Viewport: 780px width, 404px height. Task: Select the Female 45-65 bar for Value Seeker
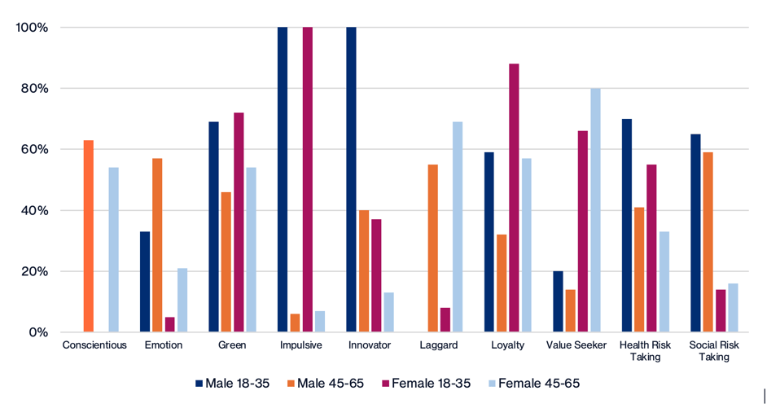pos(595,210)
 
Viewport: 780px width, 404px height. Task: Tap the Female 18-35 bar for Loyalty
pos(514,198)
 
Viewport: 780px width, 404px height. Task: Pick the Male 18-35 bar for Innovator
pos(351,179)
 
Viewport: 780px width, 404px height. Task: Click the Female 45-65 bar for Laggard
pos(458,226)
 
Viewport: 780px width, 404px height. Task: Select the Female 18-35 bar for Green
pos(239,222)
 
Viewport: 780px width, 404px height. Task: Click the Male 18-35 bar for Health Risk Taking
pos(627,226)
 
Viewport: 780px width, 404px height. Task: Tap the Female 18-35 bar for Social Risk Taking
pos(721,310)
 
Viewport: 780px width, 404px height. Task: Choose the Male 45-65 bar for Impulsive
pos(295,323)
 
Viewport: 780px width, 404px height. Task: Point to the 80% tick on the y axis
pos(33,88)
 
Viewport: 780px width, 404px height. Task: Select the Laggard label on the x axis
pos(439,345)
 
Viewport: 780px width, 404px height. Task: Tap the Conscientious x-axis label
pos(94,345)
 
